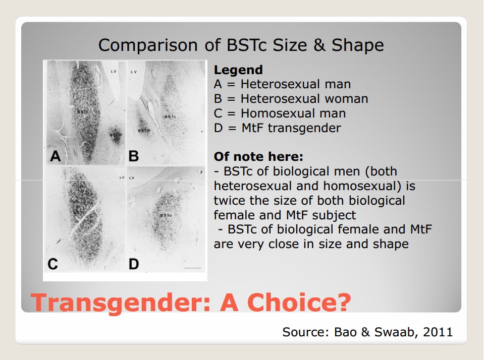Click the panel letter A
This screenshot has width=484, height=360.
coord(55,156)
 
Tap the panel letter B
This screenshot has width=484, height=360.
coord(134,156)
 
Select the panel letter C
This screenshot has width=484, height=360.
coord(53,264)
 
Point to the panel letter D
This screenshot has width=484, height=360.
coord(134,264)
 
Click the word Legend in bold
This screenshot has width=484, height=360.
coord(238,70)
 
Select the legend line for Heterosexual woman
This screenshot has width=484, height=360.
coord(291,99)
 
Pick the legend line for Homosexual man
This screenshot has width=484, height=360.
coord(280,113)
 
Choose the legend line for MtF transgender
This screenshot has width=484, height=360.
coord(278,128)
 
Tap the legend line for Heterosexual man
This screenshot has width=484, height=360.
coord(283,84)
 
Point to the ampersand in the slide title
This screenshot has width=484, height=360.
coord(319,45)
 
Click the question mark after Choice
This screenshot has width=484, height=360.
coord(343,302)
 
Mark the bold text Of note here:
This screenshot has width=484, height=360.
coord(258,157)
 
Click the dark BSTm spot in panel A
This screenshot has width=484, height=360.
coord(117,136)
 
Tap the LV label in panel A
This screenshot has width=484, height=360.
coord(114,72)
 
